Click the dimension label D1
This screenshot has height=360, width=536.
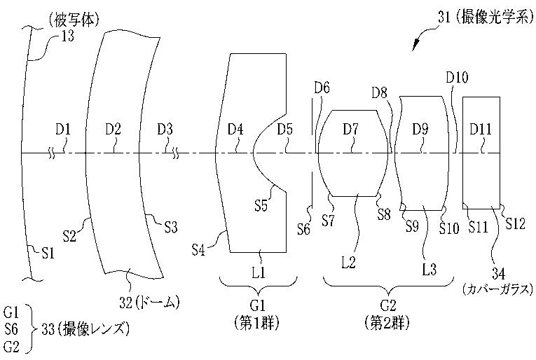(63, 130)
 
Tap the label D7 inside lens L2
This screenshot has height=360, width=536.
(351, 130)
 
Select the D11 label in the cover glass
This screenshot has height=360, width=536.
(481, 130)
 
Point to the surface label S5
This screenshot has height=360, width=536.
(261, 206)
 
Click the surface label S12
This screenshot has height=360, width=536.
(515, 223)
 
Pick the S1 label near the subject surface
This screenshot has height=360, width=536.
(48, 253)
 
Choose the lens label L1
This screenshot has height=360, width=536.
(258, 272)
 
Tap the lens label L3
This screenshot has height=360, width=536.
(429, 270)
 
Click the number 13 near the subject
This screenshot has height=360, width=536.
(67, 36)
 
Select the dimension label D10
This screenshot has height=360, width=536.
(457, 78)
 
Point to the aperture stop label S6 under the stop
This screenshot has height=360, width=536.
(303, 230)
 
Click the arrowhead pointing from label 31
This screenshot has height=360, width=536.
(415, 46)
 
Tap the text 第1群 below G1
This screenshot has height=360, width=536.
(256, 323)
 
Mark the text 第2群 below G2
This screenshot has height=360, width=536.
(387, 323)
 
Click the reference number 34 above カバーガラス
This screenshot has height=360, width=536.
(498, 274)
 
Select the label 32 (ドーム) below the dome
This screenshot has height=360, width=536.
(149, 303)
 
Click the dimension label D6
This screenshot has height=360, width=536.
(322, 88)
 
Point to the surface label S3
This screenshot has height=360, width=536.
(171, 228)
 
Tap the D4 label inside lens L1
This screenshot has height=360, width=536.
(235, 130)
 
